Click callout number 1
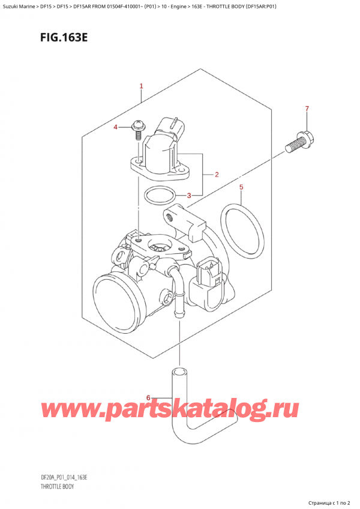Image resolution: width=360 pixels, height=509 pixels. click(141, 86)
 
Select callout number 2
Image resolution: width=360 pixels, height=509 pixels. click(217, 175)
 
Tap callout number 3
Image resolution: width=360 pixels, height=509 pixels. click(190, 195)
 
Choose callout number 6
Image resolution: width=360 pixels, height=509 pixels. click(149, 397)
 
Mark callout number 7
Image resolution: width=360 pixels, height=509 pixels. click(307, 109)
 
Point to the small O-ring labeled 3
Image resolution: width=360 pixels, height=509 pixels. click(161, 195)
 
